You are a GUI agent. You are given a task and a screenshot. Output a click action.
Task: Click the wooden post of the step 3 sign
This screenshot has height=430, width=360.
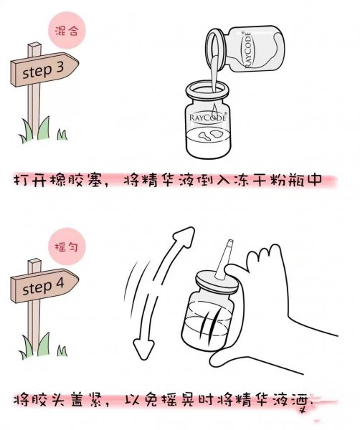pos(32,107)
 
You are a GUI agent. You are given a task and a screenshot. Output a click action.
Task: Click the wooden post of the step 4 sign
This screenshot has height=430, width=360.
pos(32,326)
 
